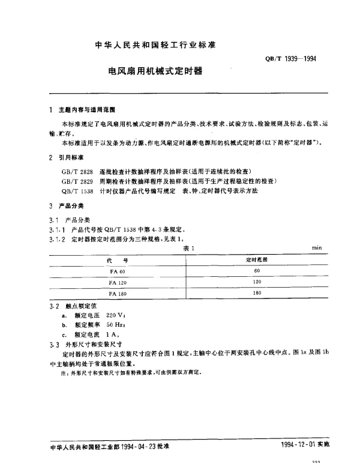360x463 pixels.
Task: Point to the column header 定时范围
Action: click(258, 259)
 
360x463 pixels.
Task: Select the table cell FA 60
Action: click(117, 271)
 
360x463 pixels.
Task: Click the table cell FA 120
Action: click(117, 282)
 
